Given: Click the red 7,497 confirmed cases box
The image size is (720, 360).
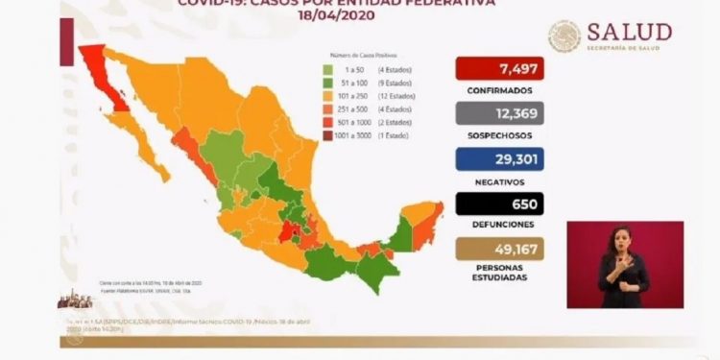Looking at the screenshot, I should pyautogui.click(x=498, y=70).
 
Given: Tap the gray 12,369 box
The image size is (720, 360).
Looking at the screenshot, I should pyautogui.click(x=498, y=114).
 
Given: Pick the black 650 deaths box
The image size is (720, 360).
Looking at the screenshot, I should pyautogui.click(x=498, y=204).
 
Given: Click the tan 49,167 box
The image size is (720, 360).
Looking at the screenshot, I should pyautogui.click(x=498, y=248).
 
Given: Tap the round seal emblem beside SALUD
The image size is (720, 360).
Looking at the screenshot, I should pyautogui.click(x=565, y=36).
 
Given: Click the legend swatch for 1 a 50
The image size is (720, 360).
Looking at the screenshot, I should pyautogui.click(x=327, y=69).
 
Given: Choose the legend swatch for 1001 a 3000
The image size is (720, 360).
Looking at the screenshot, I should pyautogui.click(x=327, y=136).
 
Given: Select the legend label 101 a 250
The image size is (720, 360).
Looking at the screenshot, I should pyautogui.click(x=351, y=96).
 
